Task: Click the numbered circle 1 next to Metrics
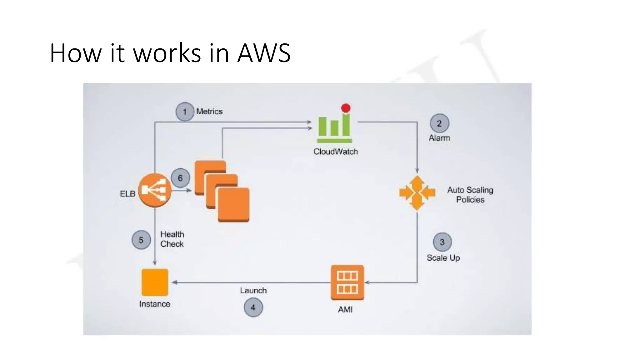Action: pos(185,112)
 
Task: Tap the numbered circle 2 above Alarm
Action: pos(439,123)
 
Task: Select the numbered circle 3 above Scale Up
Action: pos(442,242)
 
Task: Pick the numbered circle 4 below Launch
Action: pos(253,307)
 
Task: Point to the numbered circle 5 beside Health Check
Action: pos(141,240)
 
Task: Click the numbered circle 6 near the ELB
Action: pos(180,178)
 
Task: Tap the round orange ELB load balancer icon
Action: pos(155,190)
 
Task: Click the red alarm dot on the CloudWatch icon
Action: pos(346,108)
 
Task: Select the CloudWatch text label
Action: pos(336,152)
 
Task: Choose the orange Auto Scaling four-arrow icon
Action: pos(417,193)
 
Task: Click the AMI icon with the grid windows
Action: pos(347,282)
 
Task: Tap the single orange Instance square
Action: pos(155,282)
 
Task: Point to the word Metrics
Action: pos(209,111)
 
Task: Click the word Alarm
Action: pos(439,138)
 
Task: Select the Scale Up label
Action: pos(443,258)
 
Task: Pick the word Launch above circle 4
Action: pos(253,290)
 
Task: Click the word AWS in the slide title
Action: pos(264,53)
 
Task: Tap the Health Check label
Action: pos(172,239)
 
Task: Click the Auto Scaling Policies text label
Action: pos(470,195)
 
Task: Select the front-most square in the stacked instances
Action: pos(233,205)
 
